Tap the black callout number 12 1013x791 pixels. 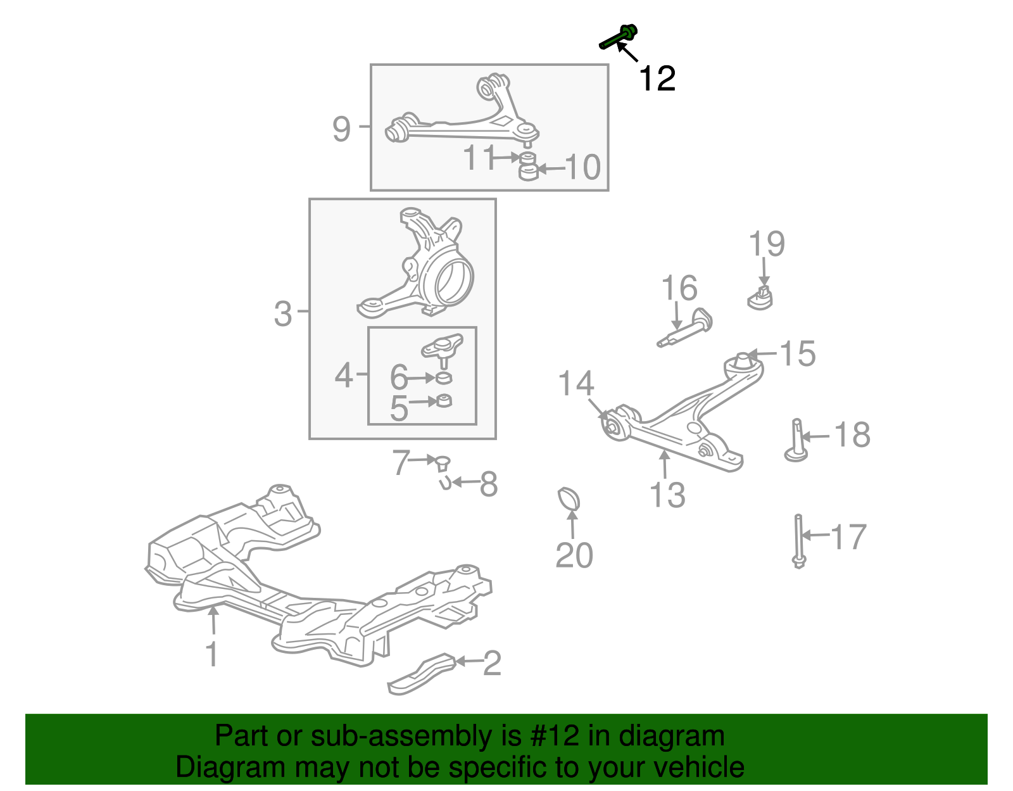pyautogui.click(x=657, y=79)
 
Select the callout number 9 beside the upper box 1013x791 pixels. pyautogui.click(x=341, y=129)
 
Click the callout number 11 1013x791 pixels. pyautogui.click(x=479, y=157)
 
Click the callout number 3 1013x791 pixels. pyautogui.click(x=283, y=313)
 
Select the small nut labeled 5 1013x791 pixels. pyautogui.click(x=445, y=401)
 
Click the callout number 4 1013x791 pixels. pyautogui.click(x=344, y=376)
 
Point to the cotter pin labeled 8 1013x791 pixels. pyautogui.click(x=445, y=484)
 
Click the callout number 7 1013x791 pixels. pyautogui.click(x=401, y=462)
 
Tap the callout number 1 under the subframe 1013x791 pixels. pyautogui.click(x=212, y=654)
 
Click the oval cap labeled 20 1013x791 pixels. pyautogui.click(x=569, y=498)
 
